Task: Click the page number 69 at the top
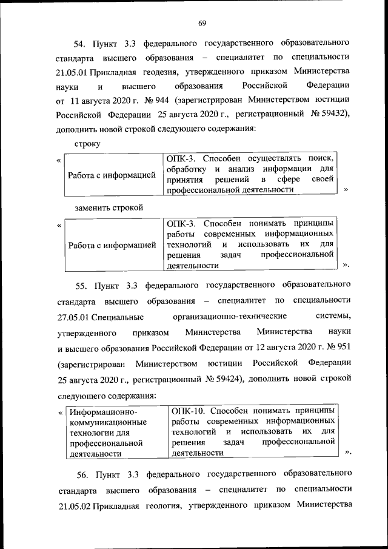tap(202, 23)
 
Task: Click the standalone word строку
tap(87, 144)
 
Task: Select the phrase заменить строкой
tap(109, 207)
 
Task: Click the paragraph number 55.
tap(82, 284)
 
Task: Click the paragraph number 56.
tap(82, 473)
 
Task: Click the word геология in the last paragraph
tap(163, 505)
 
